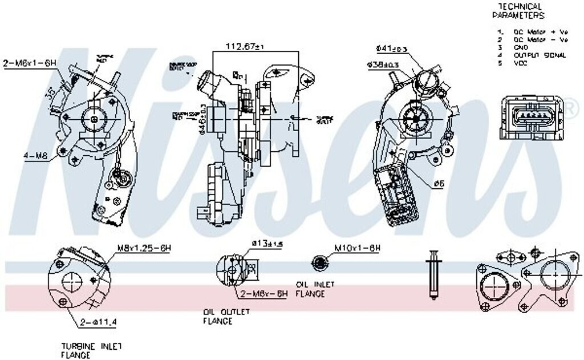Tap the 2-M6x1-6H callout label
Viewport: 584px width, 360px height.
click(30, 63)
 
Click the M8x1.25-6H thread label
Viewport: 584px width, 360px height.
click(145, 248)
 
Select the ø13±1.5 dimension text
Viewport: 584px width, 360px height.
click(267, 244)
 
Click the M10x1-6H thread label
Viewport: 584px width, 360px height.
click(357, 248)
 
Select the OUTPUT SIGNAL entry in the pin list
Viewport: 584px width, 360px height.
click(540, 55)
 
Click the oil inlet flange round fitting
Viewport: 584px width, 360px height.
click(321, 262)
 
